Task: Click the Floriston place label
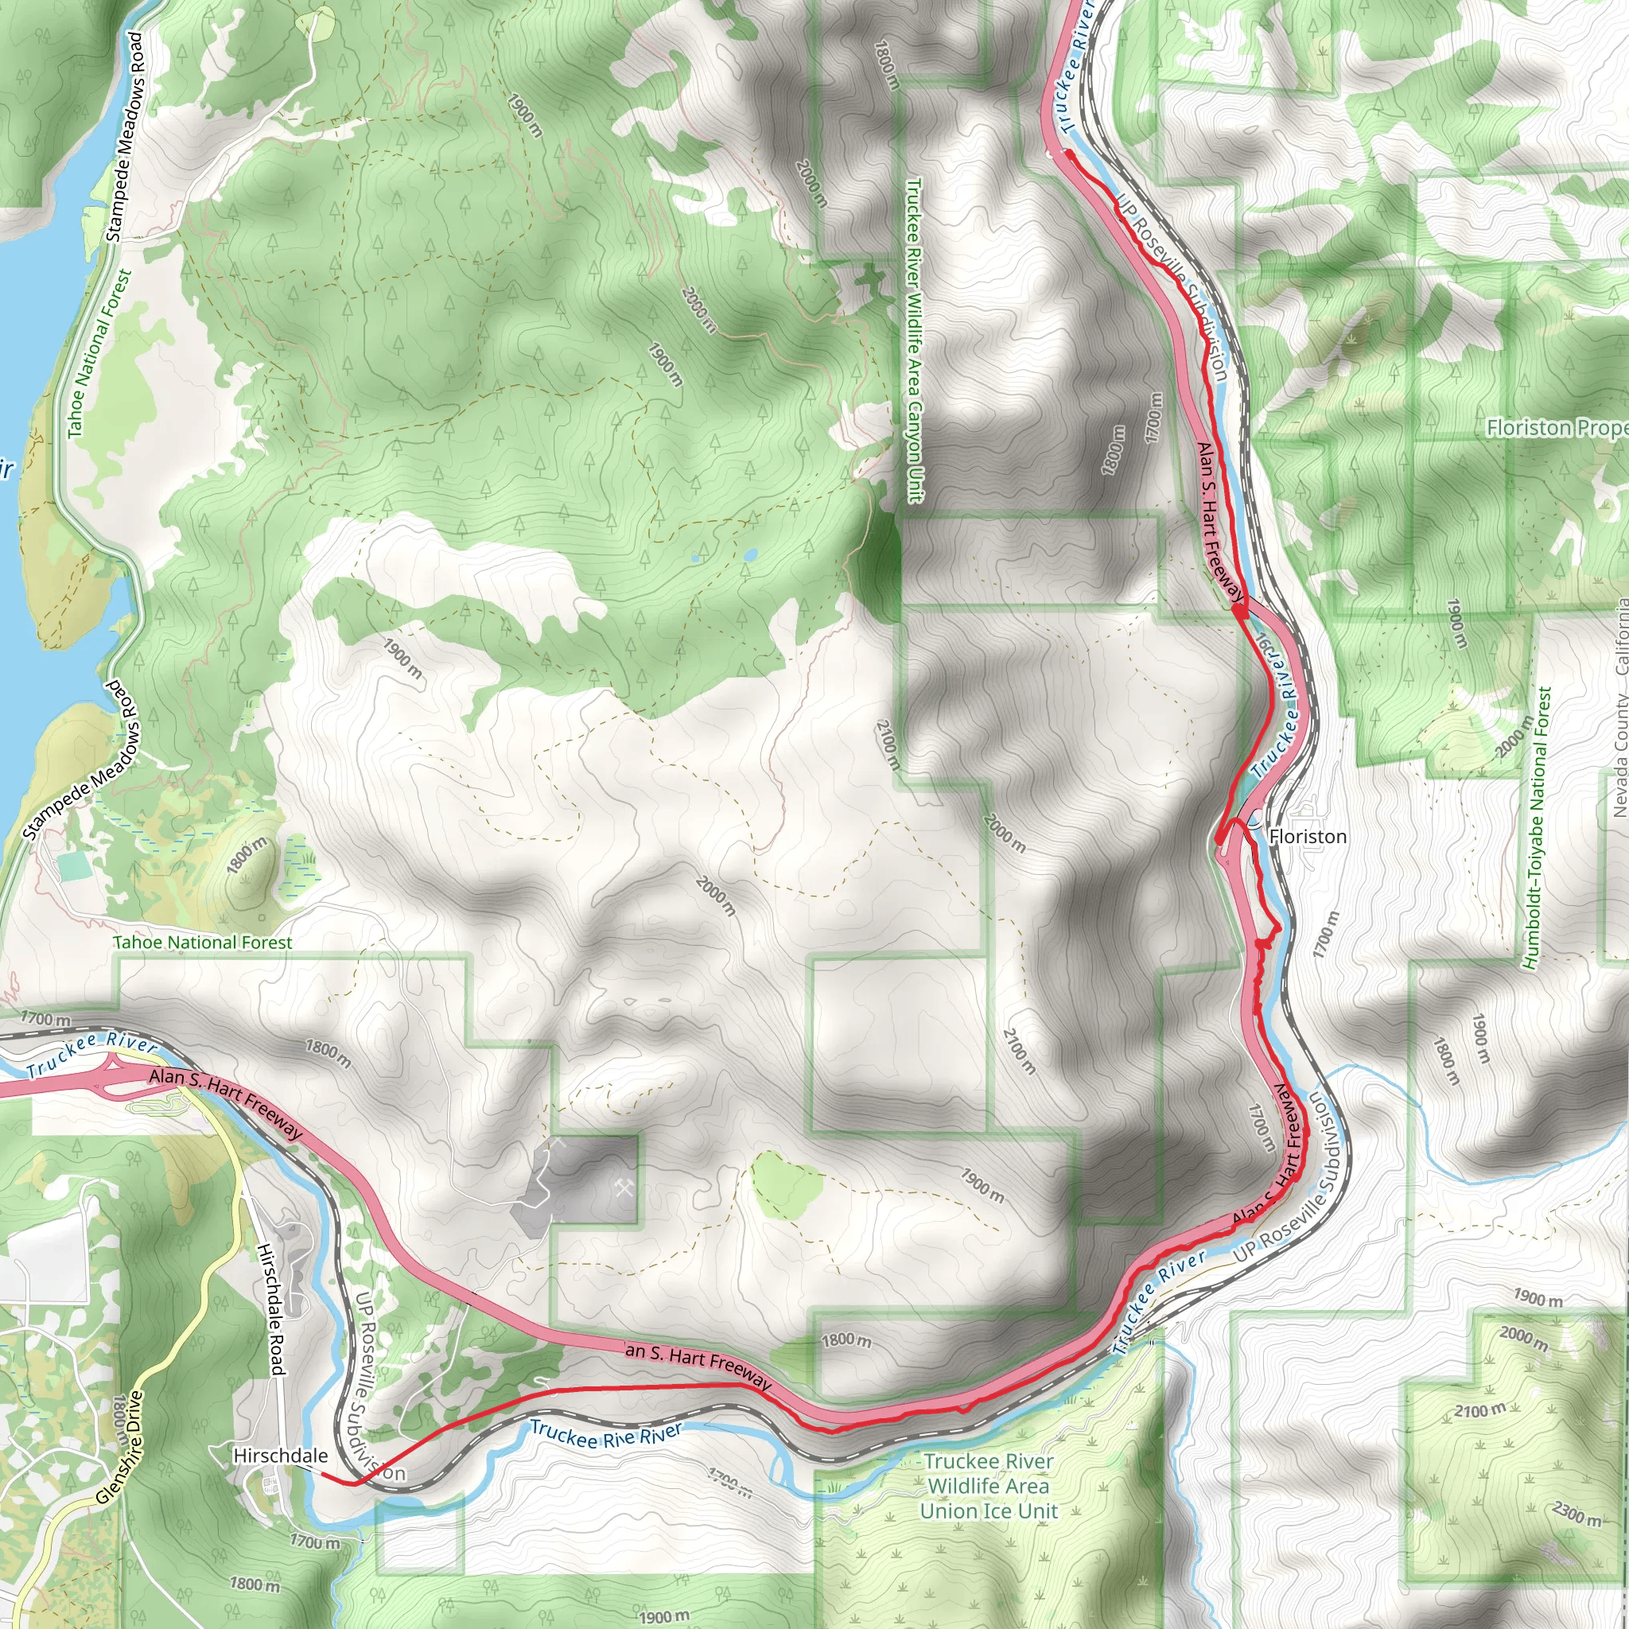[x=1308, y=837]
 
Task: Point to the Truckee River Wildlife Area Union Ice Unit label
[x=988, y=1486]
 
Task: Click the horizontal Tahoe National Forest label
[x=202, y=943]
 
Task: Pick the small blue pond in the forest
[x=749, y=555]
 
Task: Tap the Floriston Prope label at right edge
[x=1556, y=429]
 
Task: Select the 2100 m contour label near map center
[x=887, y=745]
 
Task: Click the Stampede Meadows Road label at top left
[x=126, y=137]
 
